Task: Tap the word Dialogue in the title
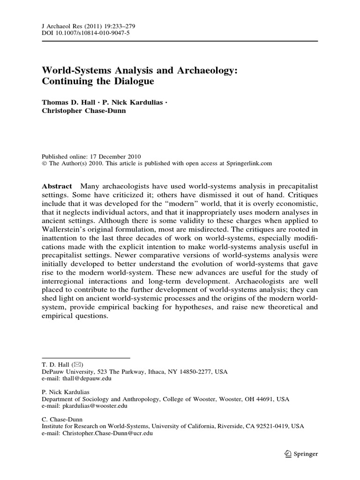135,81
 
